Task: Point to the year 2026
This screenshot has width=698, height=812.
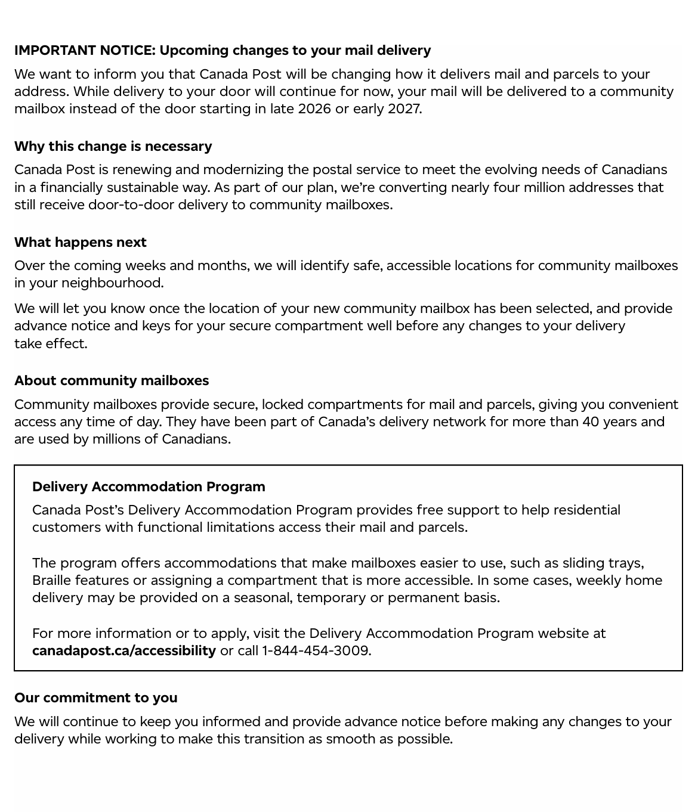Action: [314, 109]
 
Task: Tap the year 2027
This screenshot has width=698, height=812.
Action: [404, 109]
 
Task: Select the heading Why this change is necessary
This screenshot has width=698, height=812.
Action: [113, 147]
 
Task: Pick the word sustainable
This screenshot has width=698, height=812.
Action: [143, 188]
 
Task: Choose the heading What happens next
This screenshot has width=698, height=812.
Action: [81, 243]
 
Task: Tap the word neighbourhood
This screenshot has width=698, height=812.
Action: [112, 283]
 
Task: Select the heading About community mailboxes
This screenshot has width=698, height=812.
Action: [112, 381]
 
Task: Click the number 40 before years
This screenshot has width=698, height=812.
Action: [591, 422]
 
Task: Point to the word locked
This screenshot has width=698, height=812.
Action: [282, 405]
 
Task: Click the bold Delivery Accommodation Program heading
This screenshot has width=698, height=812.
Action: [149, 487]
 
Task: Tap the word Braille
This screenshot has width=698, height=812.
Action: [52, 581]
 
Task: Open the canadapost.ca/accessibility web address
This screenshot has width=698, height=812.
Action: [124, 651]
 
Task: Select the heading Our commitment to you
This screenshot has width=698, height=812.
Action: [96, 698]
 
